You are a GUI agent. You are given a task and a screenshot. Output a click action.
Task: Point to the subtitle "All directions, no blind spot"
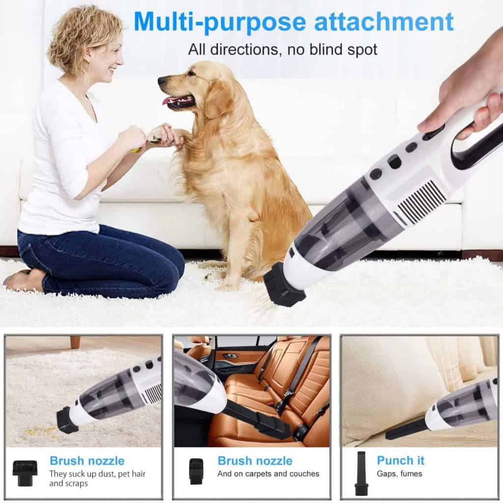pyautogui.click(x=282, y=49)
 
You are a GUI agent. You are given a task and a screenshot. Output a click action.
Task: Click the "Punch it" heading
pyautogui.click(x=400, y=460)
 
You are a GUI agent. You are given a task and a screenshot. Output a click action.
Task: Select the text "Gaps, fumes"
pyautogui.click(x=399, y=474)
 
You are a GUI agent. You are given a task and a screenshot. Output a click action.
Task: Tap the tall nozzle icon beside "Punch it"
pyautogui.click(x=362, y=473)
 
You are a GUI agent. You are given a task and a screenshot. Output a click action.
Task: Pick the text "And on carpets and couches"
pyautogui.click(x=268, y=474)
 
